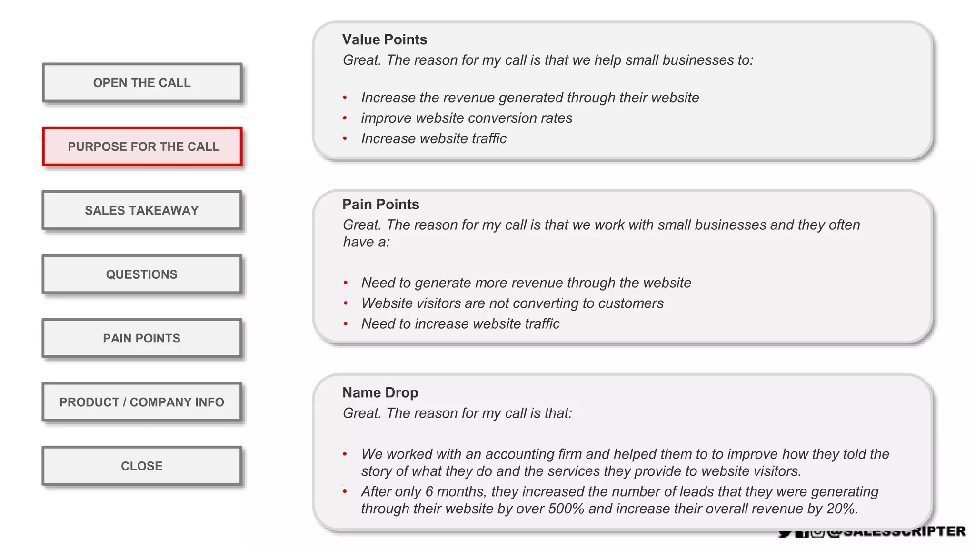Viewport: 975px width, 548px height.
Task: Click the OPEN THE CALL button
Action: pos(142,83)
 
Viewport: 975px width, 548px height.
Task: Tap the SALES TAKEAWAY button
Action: pos(142,210)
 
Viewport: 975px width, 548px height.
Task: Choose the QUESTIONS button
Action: pos(142,274)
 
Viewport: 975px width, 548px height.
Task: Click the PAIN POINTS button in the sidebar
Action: pos(142,338)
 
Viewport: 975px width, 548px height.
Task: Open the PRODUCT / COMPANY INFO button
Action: pos(142,402)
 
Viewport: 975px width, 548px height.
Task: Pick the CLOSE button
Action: pos(142,466)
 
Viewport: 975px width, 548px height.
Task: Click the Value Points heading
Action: pos(384,39)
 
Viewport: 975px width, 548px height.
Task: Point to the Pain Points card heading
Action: pos(380,205)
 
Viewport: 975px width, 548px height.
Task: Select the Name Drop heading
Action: pos(380,392)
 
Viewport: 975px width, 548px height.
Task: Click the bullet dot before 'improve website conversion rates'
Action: pos(345,118)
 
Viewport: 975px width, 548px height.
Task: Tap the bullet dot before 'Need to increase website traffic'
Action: pos(346,324)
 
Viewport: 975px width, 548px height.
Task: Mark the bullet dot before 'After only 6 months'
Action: pos(345,492)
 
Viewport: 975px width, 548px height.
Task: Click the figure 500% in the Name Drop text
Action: pos(566,509)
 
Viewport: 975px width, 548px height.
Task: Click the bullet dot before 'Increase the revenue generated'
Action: pos(345,98)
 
